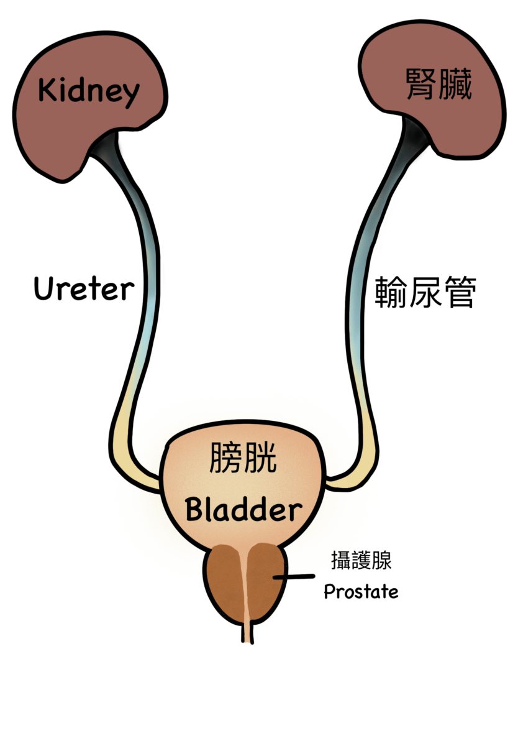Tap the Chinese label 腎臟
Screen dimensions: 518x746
click(439, 84)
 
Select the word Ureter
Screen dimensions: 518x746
click(84, 288)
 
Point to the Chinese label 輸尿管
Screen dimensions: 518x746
click(425, 292)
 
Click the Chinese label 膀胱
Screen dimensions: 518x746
click(243, 458)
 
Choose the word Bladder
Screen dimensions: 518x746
click(244, 511)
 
